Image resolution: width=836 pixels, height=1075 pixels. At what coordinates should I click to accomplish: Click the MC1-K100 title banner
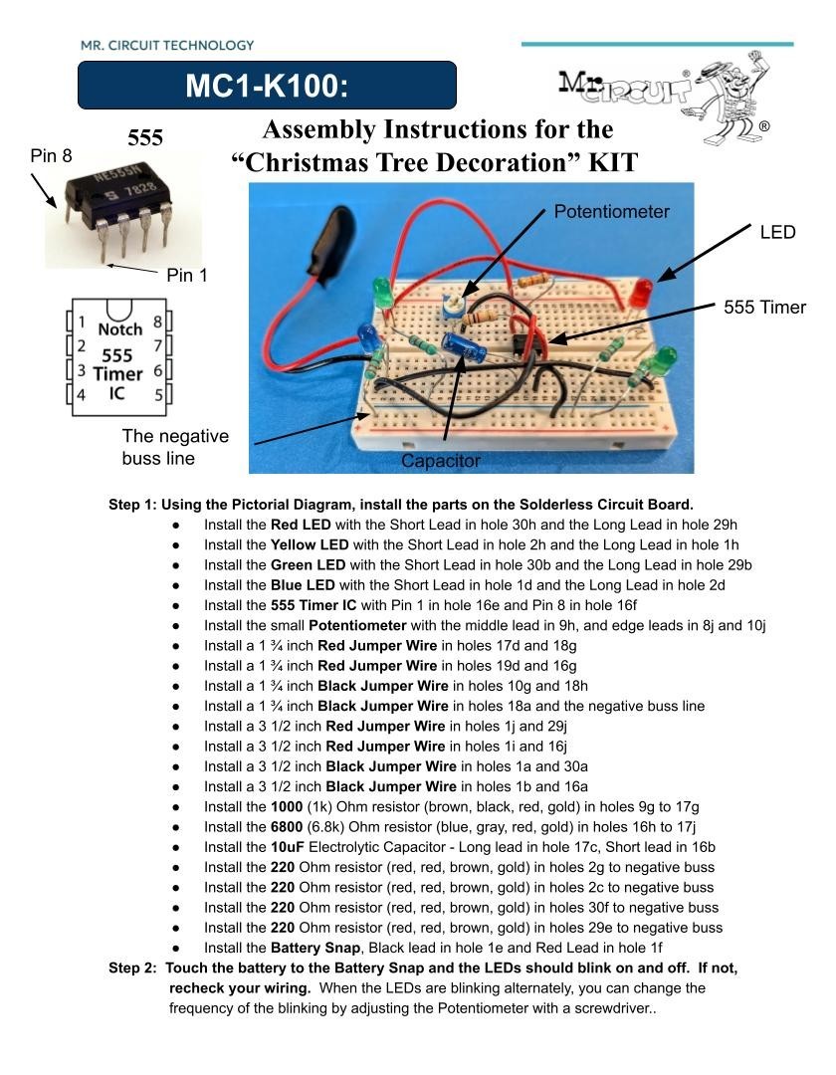(267, 86)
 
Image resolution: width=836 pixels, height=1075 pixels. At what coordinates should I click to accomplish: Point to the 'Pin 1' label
(187, 276)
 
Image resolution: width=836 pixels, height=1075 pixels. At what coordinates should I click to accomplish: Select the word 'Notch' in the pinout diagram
(119, 329)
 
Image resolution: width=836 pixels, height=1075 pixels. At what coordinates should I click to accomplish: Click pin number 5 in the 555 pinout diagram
(157, 394)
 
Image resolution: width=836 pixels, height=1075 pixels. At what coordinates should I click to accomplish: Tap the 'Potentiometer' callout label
(611, 211)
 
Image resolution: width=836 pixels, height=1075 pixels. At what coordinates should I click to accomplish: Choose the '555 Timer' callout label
(764, 307)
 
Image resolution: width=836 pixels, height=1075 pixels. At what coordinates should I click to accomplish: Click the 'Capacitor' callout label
(440, 461)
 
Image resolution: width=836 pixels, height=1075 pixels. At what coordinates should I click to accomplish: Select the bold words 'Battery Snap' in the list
(313, 948)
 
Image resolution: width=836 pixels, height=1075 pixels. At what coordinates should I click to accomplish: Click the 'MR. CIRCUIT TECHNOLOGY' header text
(167, 45)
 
